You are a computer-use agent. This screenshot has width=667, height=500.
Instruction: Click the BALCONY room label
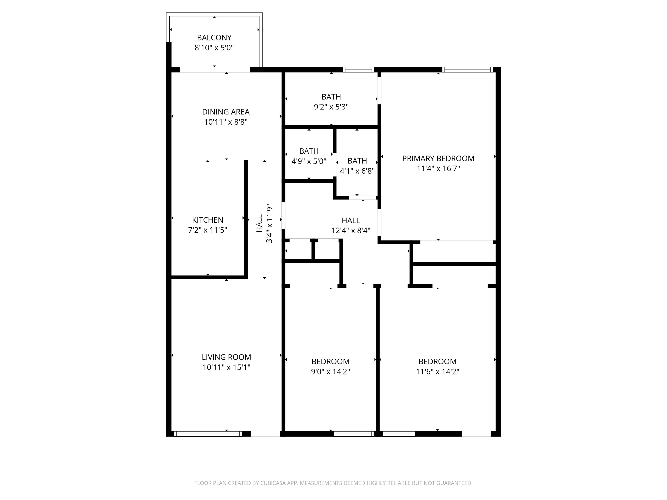point(214,38)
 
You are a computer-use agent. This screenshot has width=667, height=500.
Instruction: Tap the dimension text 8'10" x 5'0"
point(214,48)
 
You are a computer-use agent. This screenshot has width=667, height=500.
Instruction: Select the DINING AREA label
point(225,112)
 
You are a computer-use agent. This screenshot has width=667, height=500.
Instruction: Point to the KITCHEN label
point(207,220)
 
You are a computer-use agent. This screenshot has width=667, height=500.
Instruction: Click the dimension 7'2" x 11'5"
point(207,230)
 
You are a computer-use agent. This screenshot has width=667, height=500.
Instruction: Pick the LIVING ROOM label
point(226,357)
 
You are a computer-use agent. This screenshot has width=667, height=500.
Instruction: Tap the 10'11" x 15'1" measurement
point(226,367)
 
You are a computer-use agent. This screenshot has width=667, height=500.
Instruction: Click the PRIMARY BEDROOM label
point(438,158)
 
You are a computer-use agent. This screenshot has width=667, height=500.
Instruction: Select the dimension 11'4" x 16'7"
point(438,168)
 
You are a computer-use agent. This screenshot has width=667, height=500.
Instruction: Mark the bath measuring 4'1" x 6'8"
point(357,161)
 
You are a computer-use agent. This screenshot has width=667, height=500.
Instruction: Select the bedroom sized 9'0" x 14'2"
point(330,361)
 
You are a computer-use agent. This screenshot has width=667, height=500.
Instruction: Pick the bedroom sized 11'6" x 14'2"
point(437,361)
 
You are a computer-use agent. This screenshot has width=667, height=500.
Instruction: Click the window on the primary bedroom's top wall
point(467,70)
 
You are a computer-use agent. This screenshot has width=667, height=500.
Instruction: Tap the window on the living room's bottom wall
point(208,434)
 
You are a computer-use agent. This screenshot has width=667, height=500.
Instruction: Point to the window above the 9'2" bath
point(358,70)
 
